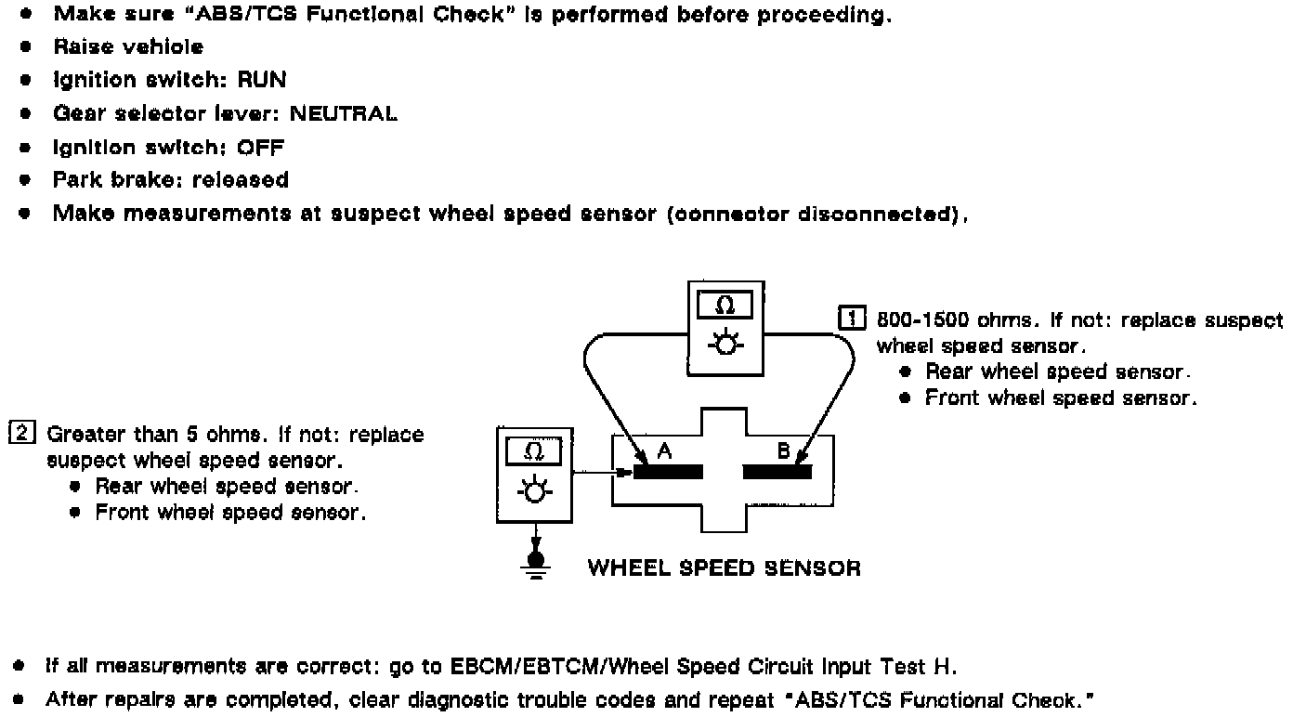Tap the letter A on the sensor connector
tap(663, 450)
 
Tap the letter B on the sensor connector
tap(783, 450)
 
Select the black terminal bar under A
tap(668, 472)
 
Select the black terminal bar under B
tap(777, 472)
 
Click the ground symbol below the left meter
tap(535, 564)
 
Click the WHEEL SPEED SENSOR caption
tap(725, 567)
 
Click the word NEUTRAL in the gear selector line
tap(344, 113)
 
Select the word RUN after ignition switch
tap(262, 80)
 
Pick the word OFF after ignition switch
tap(261, 147)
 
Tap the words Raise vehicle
tap(128, 46)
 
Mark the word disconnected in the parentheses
tap(880, 214)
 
